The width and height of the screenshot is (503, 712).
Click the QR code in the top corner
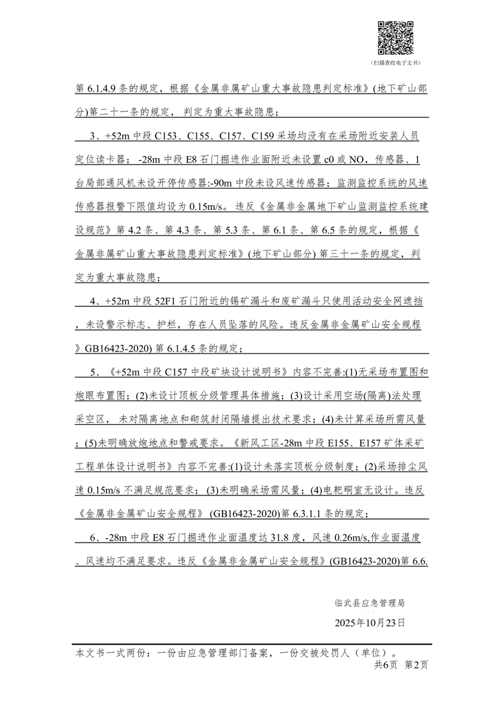click(395, 38)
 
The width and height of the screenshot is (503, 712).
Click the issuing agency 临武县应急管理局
click(370, 602)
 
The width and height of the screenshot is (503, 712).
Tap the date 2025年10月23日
click(370, 622)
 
